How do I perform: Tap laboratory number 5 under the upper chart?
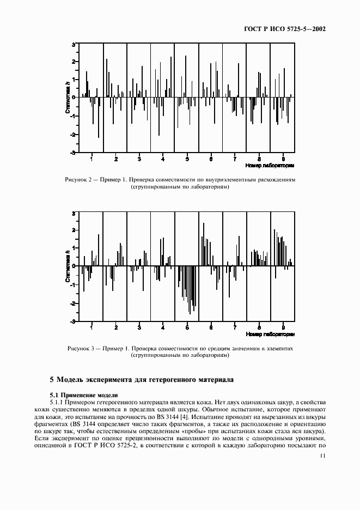pos(187,159)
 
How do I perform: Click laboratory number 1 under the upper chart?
pos(91,159)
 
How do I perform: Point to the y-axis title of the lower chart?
pos(67,267)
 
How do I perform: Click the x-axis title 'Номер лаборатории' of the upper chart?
pos(270,165)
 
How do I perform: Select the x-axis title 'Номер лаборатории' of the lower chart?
pos(270,333)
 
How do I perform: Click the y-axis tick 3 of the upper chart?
pos(74,44)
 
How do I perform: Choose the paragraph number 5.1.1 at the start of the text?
pos(57,402)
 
